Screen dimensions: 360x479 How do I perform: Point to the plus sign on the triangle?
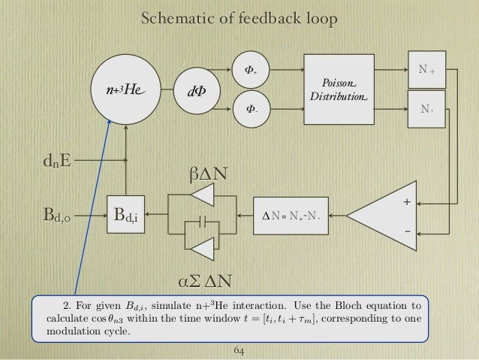(407, 202)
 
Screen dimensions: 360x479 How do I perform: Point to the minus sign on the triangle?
(407, 231)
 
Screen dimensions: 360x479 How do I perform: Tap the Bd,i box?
(125, 218)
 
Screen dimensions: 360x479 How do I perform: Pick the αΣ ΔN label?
(204, 282)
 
